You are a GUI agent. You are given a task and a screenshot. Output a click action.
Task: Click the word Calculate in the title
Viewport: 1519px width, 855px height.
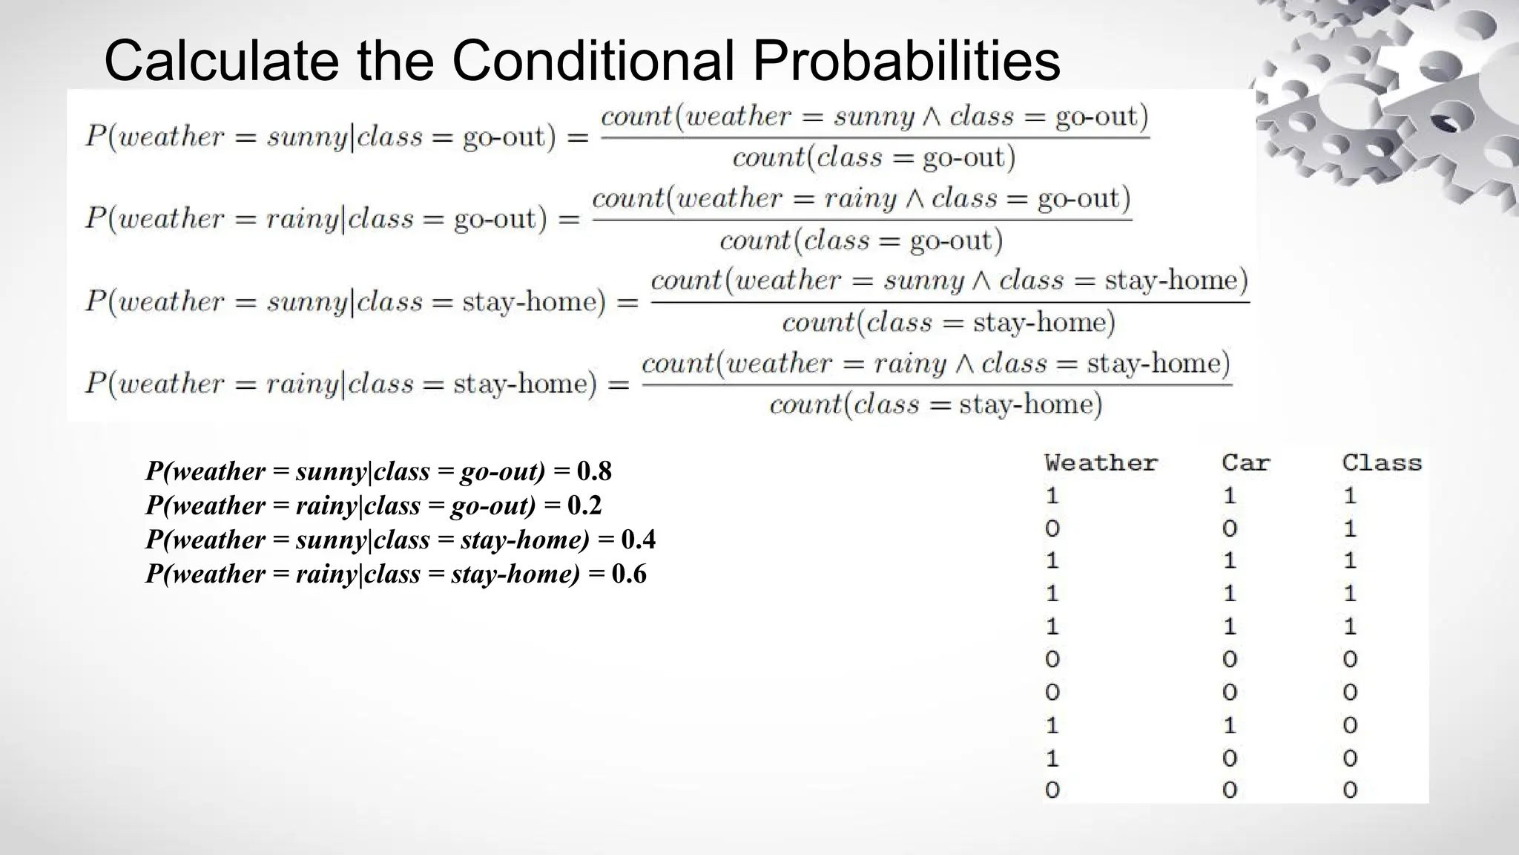[220, 61]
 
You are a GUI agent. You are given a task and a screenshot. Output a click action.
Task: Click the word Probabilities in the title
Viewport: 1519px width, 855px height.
[906, 61]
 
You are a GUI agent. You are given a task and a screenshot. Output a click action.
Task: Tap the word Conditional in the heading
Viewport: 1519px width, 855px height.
[593, 61]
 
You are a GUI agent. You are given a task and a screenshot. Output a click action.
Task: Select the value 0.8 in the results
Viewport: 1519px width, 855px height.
[594, 471]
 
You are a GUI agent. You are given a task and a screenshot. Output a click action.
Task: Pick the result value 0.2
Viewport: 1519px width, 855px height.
[584, 505]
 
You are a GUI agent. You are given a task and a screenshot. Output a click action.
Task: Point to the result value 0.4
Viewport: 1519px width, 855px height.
[638, 540]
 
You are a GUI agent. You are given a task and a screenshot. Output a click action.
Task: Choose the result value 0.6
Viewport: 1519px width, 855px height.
[629, 574]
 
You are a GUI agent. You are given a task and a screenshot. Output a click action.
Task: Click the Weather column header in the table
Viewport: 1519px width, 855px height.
[1101, 463]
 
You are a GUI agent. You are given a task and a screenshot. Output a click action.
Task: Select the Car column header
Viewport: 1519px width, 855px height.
[1245, 463]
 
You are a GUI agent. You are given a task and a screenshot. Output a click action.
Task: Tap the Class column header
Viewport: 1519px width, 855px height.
[1381, 463]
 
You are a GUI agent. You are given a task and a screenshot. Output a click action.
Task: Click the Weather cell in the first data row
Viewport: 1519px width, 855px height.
[1052, 496]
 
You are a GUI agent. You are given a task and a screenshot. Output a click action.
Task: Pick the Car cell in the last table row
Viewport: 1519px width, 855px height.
[1230, 790]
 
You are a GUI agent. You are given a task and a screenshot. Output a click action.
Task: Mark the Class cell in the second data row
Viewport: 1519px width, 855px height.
[1350, 528]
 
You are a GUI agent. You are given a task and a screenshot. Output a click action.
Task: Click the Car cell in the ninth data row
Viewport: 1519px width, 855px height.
[1230, 758]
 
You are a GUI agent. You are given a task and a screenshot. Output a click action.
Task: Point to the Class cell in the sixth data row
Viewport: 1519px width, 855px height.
[1350, 659]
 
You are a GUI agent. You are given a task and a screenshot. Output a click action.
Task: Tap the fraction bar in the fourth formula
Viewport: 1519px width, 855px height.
[936, 384]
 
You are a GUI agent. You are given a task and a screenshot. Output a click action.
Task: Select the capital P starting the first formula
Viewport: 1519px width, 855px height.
[95, 137]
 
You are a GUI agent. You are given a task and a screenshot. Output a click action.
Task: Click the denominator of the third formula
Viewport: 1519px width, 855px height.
[949, 323]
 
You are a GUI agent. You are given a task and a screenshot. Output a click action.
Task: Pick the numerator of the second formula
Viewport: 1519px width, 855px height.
[861, 199]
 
